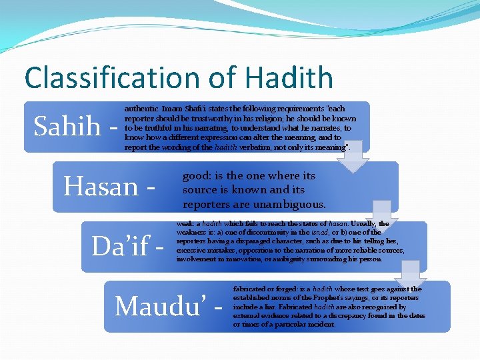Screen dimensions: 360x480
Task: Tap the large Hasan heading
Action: (x=101, y=186)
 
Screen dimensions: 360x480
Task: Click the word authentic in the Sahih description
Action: (x=141, y=108)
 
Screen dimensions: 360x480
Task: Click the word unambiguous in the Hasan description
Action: (x=292, y=204)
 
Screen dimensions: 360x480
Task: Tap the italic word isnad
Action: (x=318, y=233)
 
